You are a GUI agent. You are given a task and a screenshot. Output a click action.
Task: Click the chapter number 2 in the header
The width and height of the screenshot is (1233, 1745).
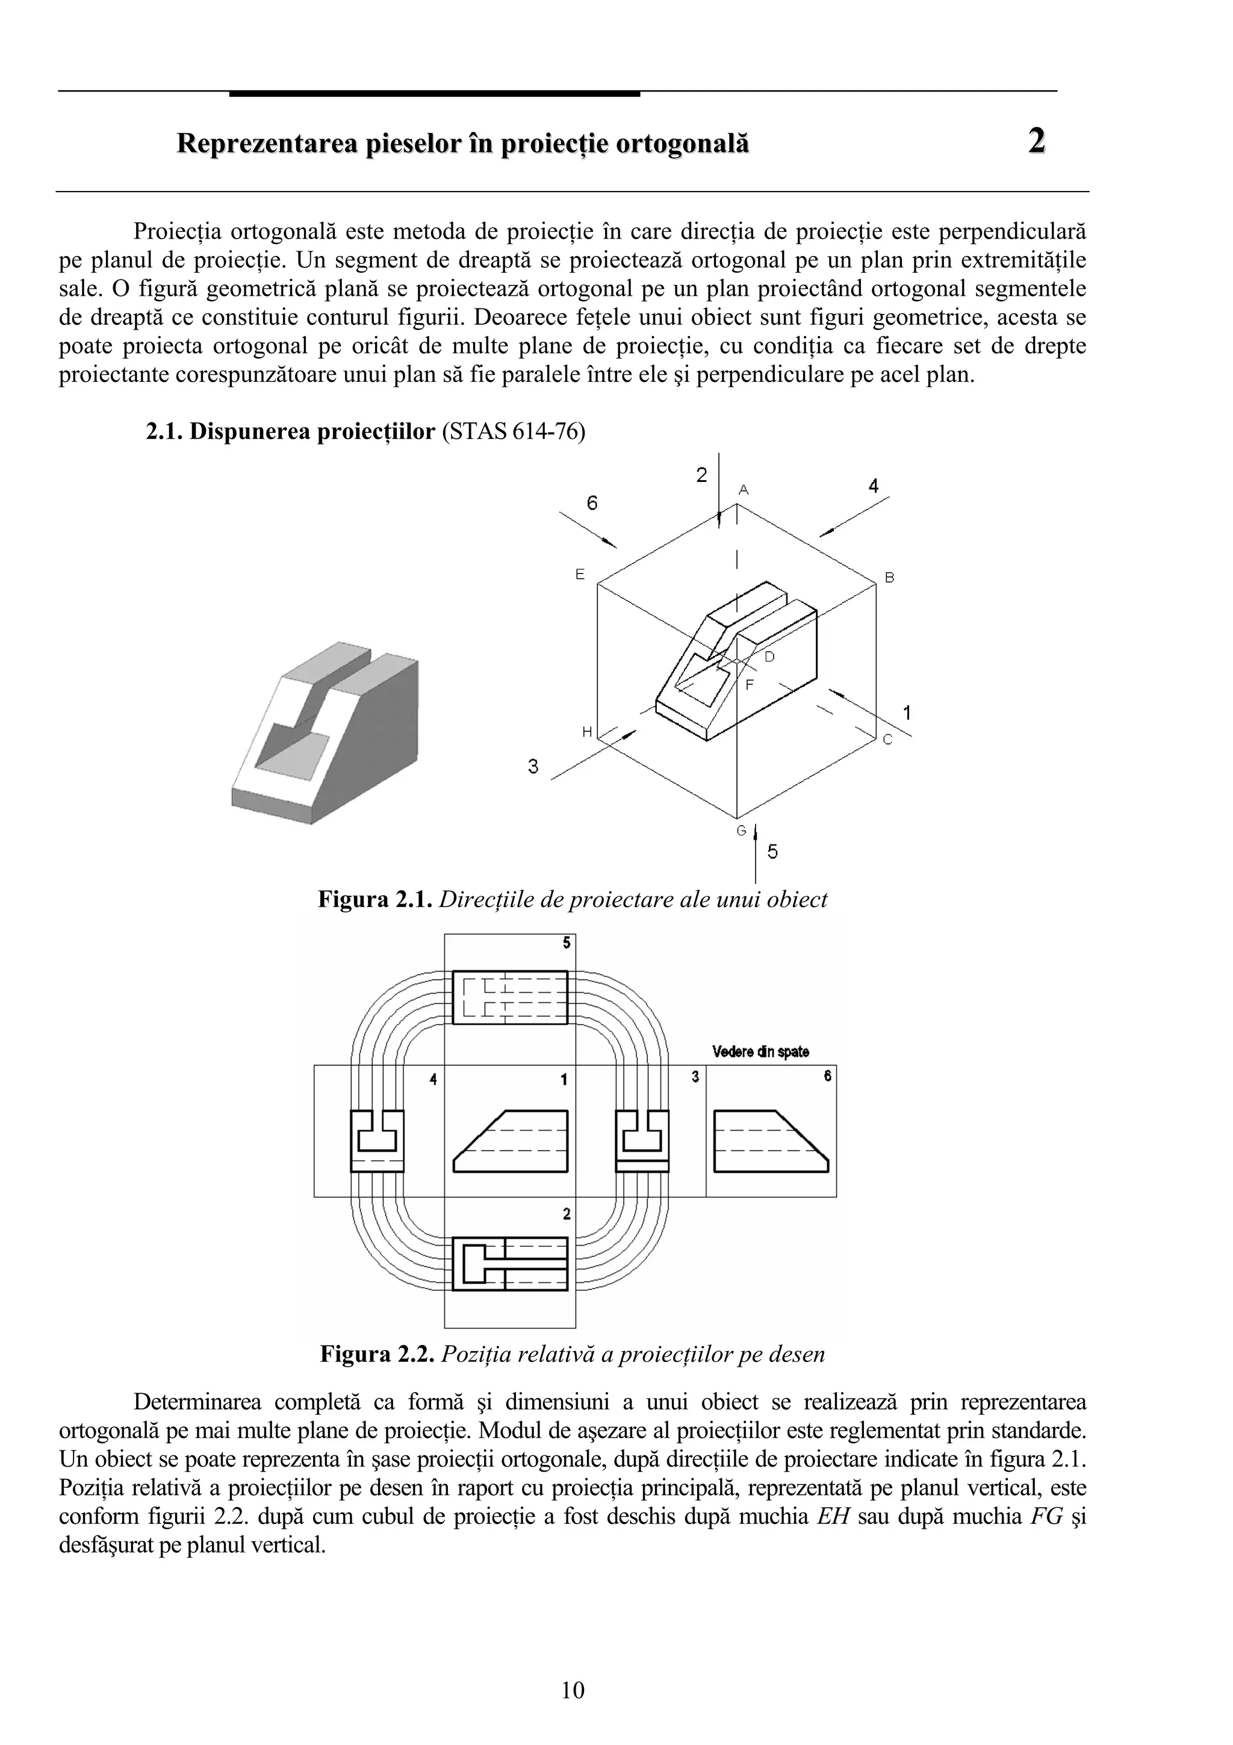(1036, 142)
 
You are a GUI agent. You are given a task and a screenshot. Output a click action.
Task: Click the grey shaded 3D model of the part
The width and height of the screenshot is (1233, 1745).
(327, 734)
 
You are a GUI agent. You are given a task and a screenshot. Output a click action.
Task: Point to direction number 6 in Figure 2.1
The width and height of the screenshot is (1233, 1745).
(592, 503)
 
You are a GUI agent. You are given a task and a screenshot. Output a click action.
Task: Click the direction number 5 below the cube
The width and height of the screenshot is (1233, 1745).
(772, 852)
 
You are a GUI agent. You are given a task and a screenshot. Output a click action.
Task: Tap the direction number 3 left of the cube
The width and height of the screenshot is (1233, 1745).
(533, 767)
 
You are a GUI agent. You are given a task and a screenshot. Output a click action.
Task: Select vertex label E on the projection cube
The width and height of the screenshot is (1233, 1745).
(580, 575)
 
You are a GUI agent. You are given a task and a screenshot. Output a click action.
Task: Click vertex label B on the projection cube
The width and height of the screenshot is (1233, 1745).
(890, 578)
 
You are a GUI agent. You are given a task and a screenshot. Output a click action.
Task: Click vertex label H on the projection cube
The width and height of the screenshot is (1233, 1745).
(586, 732)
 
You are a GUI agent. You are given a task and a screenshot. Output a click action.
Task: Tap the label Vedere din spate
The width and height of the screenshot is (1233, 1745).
(760, 1052)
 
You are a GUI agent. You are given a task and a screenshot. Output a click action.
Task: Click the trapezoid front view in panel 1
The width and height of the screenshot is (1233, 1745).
(511, 1141)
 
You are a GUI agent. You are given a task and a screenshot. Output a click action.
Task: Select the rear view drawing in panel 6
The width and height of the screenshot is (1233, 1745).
(771, 1141)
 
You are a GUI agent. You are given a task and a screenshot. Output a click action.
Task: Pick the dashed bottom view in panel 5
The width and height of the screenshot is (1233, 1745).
(510, 996)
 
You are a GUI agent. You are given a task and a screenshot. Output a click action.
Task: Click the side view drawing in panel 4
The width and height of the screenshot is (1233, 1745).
(377, 1141)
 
